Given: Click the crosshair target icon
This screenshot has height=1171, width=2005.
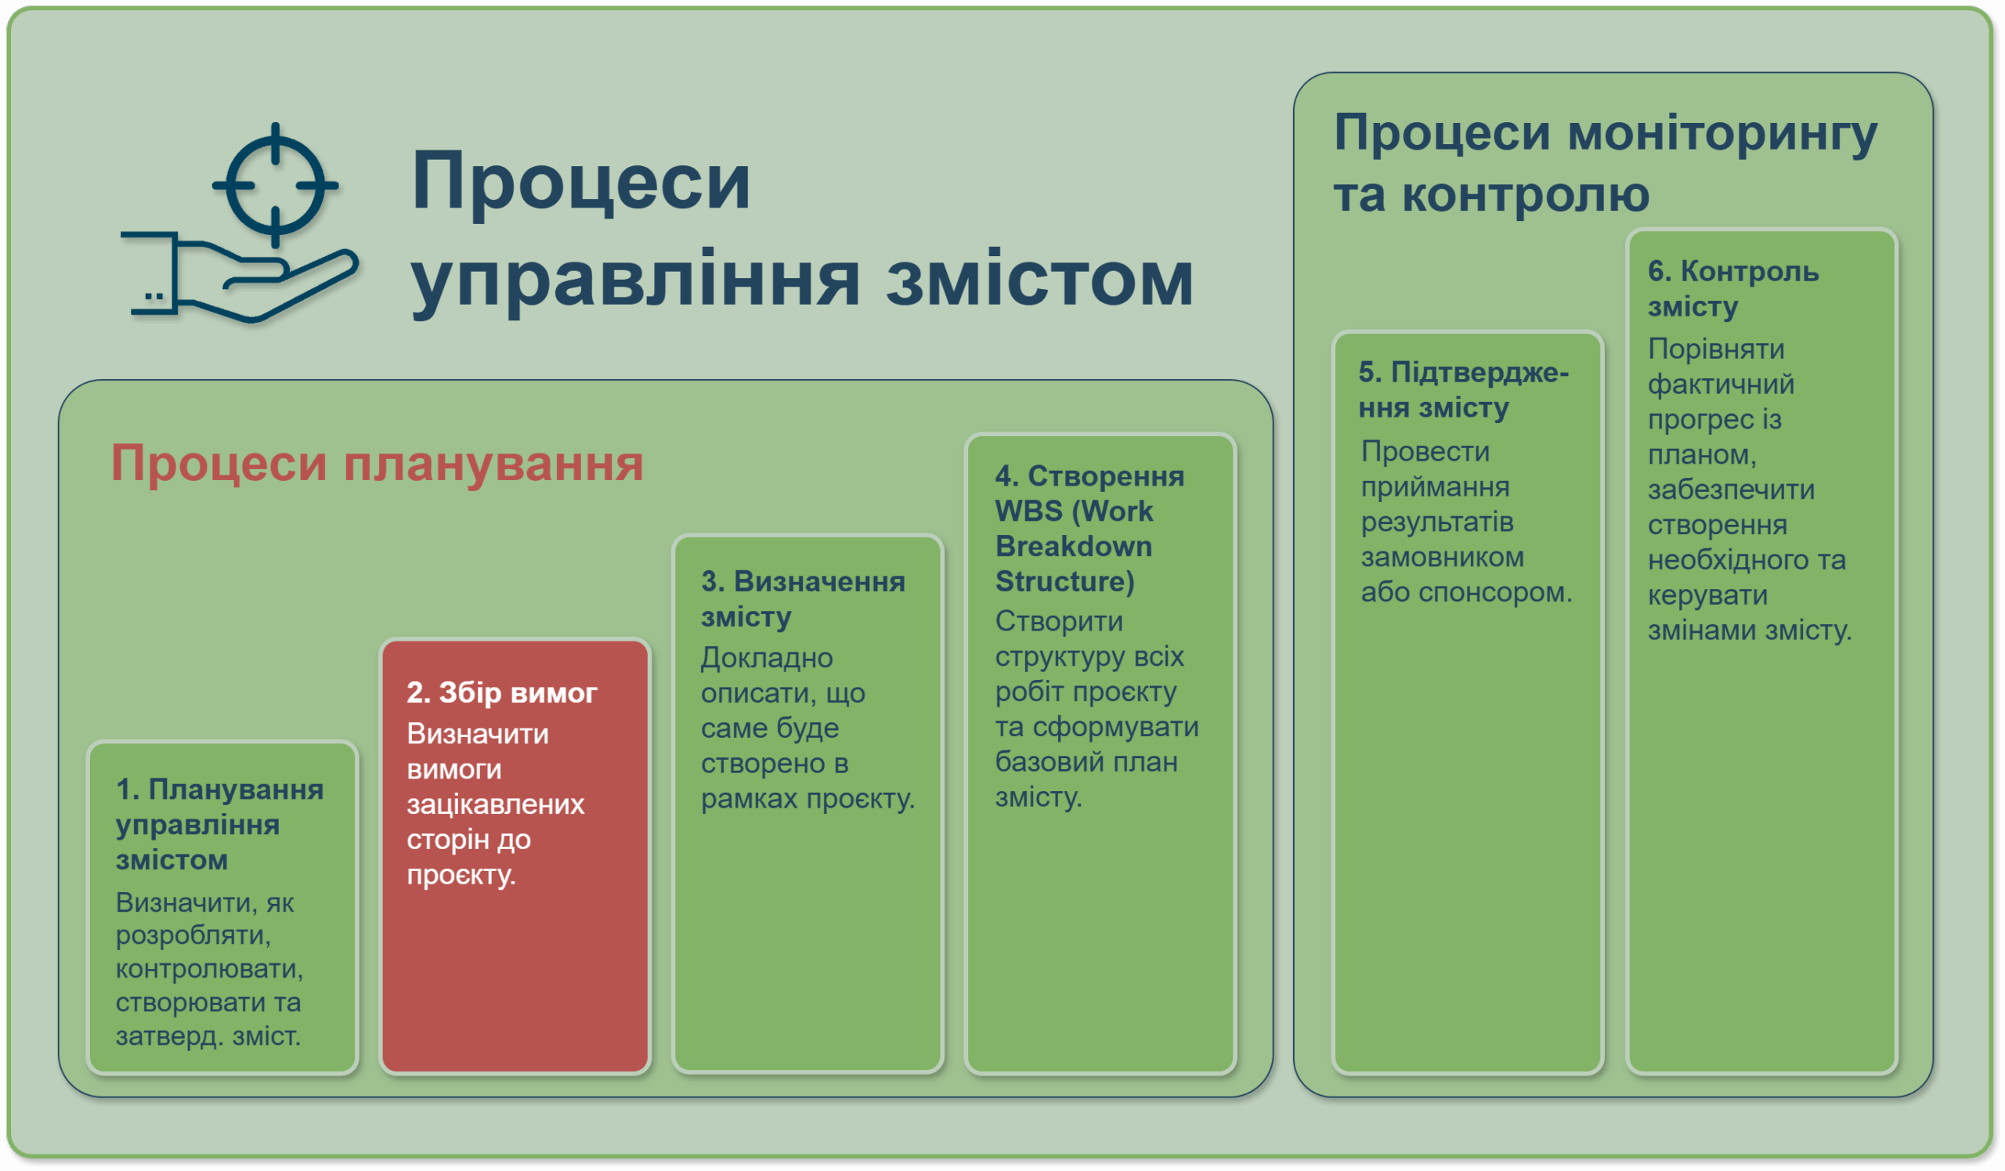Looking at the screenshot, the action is coord(275,185).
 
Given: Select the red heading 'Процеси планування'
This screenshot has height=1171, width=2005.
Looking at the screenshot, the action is coord(377,463).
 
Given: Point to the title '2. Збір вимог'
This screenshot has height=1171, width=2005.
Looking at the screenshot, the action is coord(501,693).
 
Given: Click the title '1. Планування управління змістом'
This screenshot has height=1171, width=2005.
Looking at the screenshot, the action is coord(219,825).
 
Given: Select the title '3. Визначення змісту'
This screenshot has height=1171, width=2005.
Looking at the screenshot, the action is coord(803,599).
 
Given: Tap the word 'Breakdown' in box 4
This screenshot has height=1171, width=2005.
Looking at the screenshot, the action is coord(1073,547).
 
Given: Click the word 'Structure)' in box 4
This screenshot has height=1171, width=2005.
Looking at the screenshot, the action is coord(1064,581).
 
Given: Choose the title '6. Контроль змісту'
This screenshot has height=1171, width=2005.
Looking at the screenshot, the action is coord(1733,289).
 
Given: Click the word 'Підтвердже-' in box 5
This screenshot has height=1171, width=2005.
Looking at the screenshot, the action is coord(1480,372).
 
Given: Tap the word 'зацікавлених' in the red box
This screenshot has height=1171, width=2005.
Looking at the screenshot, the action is coord(495,804).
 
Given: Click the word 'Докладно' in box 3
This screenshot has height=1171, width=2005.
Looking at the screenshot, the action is coord(766,659).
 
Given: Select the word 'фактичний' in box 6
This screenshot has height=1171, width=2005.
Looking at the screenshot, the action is coord(1721,385).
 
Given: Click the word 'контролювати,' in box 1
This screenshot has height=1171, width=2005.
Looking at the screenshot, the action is coord(209,969).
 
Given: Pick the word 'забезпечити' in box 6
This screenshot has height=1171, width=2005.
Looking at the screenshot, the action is coord(1732,490).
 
